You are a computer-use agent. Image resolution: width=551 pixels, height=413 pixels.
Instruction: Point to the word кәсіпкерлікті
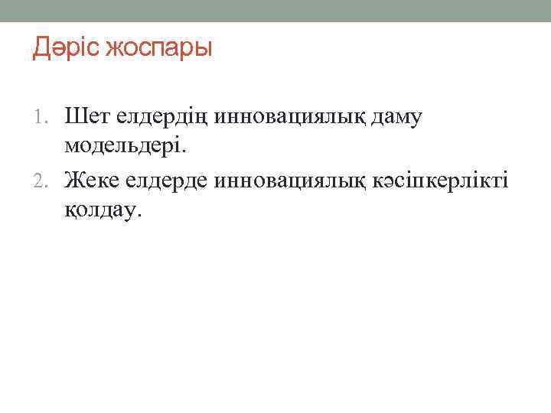[452, 180]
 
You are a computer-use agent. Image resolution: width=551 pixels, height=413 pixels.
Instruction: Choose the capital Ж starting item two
[76, 180]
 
